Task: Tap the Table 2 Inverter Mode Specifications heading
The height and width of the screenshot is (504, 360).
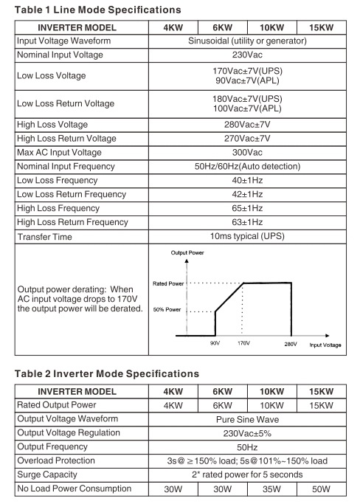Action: (108, 373)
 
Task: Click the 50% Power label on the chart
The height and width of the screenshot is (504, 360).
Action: (167, 311)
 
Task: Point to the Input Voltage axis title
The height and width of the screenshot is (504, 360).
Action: (325, 345)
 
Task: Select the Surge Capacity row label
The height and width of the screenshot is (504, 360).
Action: (48, 474)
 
